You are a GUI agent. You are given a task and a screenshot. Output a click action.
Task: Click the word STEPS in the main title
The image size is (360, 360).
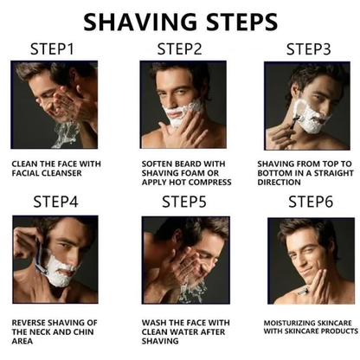[235, 20]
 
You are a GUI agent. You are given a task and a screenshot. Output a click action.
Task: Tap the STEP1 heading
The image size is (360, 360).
[55, 48]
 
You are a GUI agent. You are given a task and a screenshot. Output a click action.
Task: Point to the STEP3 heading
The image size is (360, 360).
[308, 48]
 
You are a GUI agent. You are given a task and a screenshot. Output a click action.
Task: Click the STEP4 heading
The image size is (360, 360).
[55, 202]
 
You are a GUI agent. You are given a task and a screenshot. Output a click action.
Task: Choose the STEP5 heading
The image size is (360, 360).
[183, 202]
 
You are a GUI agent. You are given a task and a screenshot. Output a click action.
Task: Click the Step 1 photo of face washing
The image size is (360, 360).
[55, 105]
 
